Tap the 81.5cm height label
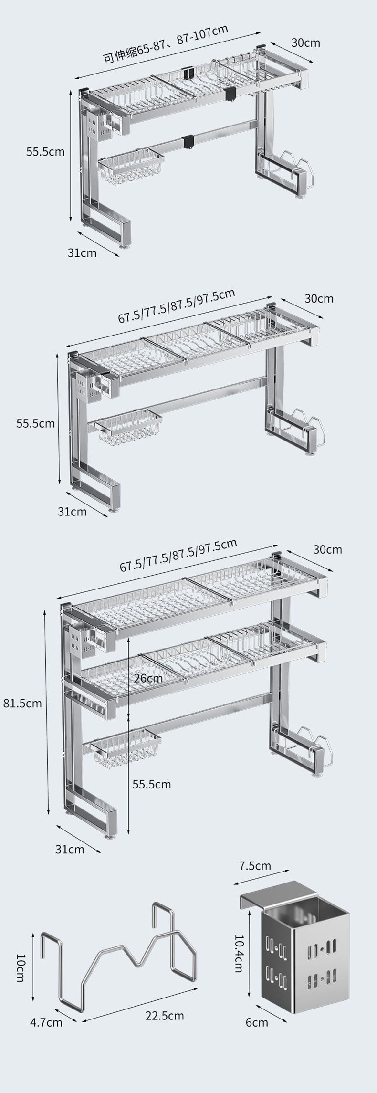tap(22, 703)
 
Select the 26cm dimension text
tap(148, 678)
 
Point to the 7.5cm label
tap(255, 865)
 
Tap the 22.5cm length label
tap(165, 1015)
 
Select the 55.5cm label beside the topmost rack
tap(45, 152)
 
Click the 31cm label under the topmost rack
tap(82, 252)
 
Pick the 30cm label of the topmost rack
tap(306, 42)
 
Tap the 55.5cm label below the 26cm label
tap(152, 784)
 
